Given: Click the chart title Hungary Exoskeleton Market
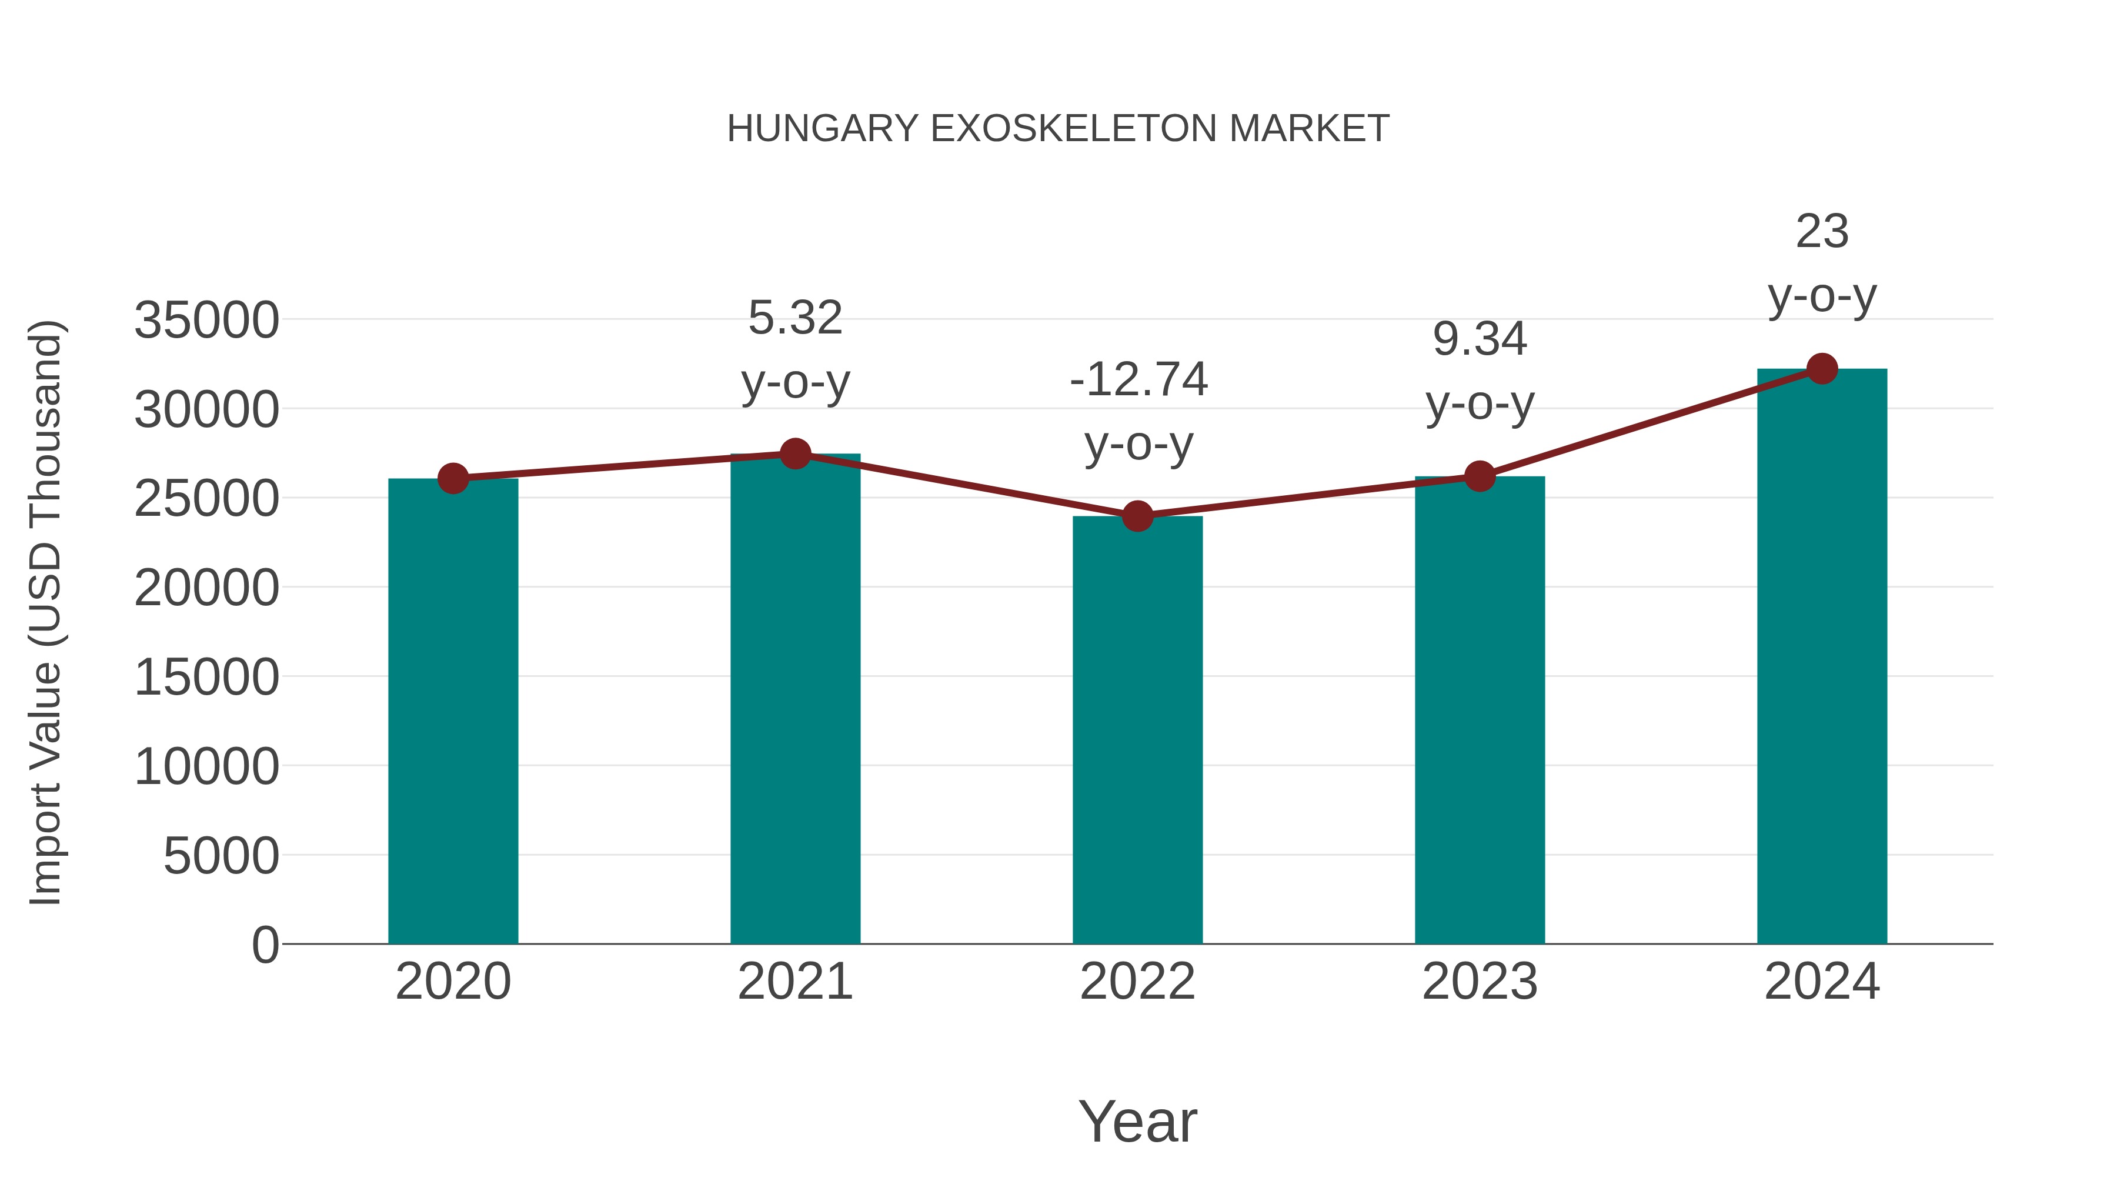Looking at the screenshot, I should click(1058, 129).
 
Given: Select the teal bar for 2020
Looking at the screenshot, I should click(453, 711).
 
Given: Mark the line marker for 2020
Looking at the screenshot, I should click(453, 478).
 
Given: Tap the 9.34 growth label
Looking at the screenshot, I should click(1480, 339).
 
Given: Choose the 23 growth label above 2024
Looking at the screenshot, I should click(1822, 231).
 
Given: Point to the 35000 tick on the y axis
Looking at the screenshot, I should click(206, 320).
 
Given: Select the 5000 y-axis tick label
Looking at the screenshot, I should click(221, 856).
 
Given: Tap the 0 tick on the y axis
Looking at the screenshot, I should click(265, 945).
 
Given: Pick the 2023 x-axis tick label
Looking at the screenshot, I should click(1480, 982).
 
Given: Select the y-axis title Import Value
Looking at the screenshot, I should click(45, 612).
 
